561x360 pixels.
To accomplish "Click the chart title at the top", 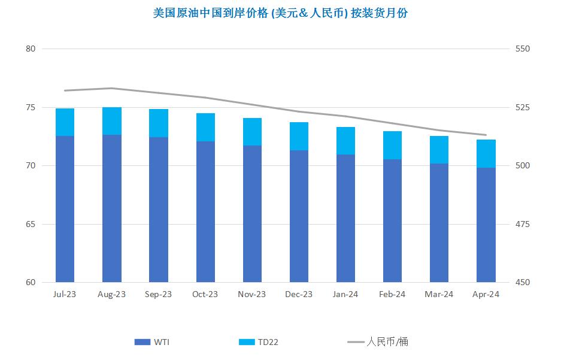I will pos(280,13).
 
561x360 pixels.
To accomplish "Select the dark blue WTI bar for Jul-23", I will pos(65,209).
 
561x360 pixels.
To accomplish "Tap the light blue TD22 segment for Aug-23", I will pos(112,121).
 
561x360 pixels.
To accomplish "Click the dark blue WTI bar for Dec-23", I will pos(299,216).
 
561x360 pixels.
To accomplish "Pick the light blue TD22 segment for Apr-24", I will pos(486,153).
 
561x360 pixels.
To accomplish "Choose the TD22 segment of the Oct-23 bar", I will pos(205,127).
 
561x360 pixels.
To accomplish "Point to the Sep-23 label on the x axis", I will pos(159,294).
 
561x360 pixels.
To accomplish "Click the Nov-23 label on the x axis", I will pos(252,294).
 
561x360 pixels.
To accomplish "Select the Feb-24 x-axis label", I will pos(392,294).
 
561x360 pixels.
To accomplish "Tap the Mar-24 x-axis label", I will pos(439,294).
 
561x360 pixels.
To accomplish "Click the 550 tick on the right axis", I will pos(523,49).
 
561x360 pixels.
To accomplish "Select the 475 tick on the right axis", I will pos(523,225).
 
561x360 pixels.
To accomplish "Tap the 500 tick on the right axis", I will pos(523,166).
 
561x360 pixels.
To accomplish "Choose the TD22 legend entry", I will pos(259,342).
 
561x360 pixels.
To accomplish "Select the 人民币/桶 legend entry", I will pos(378,342).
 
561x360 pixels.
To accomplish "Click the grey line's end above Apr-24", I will pos(486,135).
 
